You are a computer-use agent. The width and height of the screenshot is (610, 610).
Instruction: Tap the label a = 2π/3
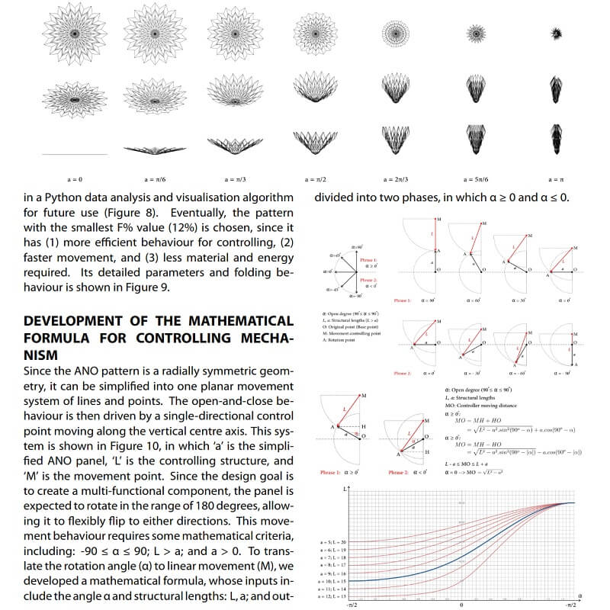(x=396, y=179)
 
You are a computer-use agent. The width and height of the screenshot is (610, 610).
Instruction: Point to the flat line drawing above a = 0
(x=75, y=155)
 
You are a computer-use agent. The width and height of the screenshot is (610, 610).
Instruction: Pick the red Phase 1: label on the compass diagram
(x=370, y=259)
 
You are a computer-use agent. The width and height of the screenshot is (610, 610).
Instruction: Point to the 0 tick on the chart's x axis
(x=461, y=605)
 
